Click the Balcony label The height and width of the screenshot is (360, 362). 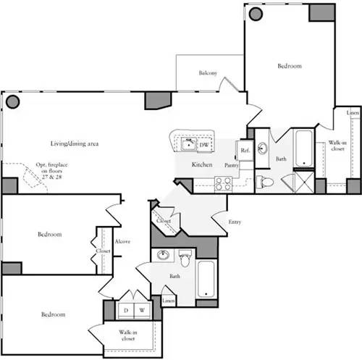click(209, 73)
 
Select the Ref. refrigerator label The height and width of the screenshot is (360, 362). click(245, 150)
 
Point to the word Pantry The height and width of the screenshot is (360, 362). click(232, 165)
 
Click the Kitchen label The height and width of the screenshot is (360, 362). click(201, 165)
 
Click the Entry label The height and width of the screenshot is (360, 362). click(235, 222)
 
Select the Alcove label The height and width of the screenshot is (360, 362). click(122, 241)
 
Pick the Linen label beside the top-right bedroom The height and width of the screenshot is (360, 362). click(352, 114)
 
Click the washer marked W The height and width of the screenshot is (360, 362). click(142, 310)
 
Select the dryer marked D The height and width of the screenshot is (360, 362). click(125, 310)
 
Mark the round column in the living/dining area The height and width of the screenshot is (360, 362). click(12, 101)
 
